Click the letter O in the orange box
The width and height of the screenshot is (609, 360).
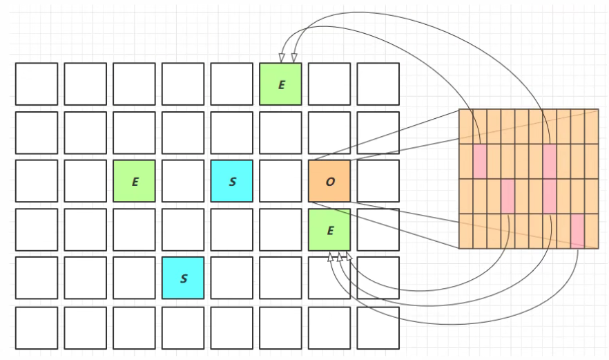pos(329,182)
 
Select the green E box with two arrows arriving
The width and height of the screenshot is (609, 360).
pos(280,84)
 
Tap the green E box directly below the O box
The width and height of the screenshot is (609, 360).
pos(329,230)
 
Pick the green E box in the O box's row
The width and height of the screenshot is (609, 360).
pos(134,181)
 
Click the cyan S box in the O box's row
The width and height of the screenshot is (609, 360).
pos(232,181)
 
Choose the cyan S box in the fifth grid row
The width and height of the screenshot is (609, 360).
pos(183,278)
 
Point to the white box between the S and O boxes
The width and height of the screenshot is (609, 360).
pos(280,181)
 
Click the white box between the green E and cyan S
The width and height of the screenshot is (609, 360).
pos(183,181)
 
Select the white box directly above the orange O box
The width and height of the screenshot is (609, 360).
pos(329,133)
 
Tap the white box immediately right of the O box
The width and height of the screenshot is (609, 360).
pos(378,181)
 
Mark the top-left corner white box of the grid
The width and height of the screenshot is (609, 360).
pos(36,84)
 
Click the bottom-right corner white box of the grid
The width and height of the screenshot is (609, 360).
pos(378,328)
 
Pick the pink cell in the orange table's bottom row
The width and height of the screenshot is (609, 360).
pos(577,230)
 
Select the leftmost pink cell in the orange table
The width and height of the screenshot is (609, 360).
pos(480,160)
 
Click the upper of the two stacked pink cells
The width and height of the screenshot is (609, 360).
pos(550,160)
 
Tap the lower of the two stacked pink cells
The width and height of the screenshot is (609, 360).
pos(550,196)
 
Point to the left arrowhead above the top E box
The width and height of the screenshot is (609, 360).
pos(282,58)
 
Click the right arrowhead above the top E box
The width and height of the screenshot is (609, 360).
pos(294,58)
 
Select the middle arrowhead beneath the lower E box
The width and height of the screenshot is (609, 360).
pos(340,257)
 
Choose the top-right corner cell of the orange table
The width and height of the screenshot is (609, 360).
pos(591,126)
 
